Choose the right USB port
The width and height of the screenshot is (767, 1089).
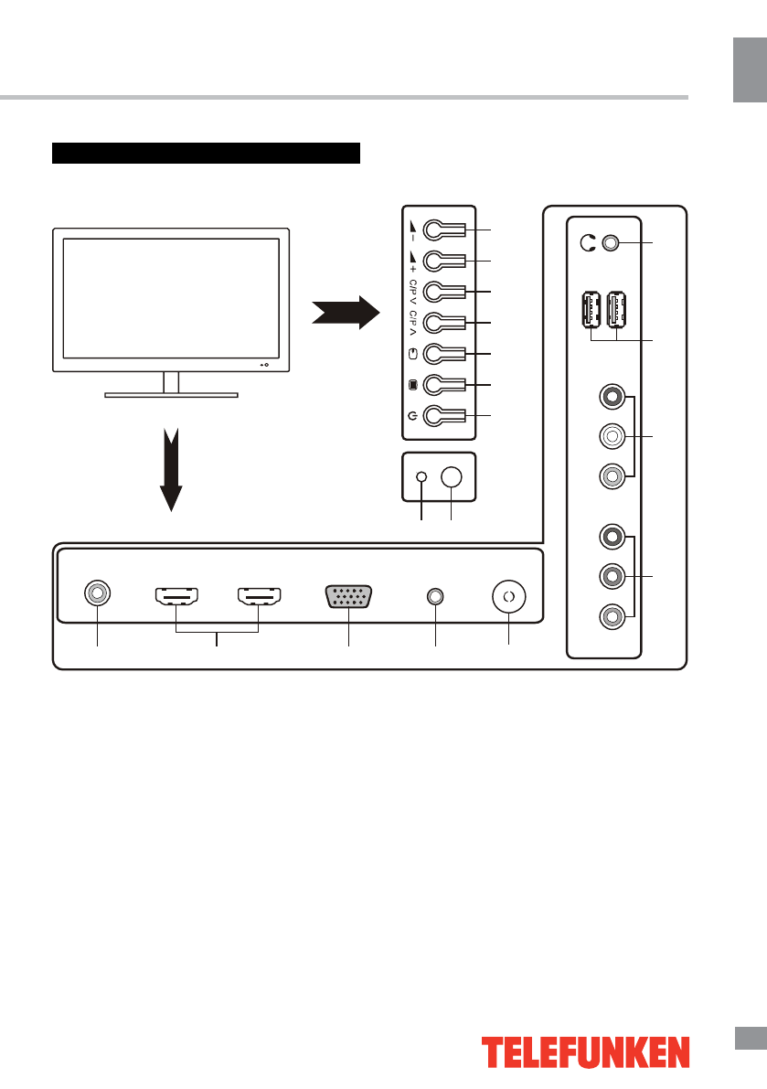(618, 310)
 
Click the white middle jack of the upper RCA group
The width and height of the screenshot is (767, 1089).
(612, 437)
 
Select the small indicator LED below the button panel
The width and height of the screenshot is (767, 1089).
(421, 477)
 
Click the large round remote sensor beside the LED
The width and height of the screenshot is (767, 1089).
(453, 477)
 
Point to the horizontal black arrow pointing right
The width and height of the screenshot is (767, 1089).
(345, 314)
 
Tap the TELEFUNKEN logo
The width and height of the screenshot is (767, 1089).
(586, 1052)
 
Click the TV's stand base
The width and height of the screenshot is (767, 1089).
(171, 395)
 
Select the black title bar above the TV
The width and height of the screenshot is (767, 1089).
(208, 152)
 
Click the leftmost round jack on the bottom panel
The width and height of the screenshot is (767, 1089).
(97, 595)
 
